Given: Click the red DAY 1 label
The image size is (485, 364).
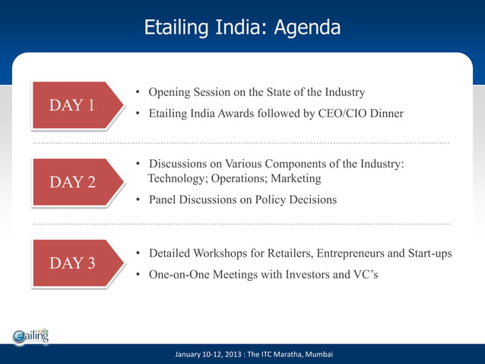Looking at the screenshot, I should point(73,105).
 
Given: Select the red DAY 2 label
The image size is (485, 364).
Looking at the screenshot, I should point(73,183).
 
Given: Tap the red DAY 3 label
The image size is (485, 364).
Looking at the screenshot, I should point(73,263).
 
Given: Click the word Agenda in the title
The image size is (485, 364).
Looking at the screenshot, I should point(307,28).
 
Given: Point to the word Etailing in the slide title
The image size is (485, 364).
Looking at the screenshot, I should point(174,28).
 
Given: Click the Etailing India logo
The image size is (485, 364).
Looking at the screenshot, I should point(31,336).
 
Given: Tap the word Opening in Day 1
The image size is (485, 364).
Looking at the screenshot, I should point(170,92).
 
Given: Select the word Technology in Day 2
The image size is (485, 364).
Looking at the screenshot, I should point(176,178).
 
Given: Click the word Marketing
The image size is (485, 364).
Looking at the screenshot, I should point(297,178).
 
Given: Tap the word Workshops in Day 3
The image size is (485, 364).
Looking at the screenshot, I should point(223,253).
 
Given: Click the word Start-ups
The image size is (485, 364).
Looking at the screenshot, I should point(428,253).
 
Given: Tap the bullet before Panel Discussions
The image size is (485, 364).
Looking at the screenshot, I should point(138,200).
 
